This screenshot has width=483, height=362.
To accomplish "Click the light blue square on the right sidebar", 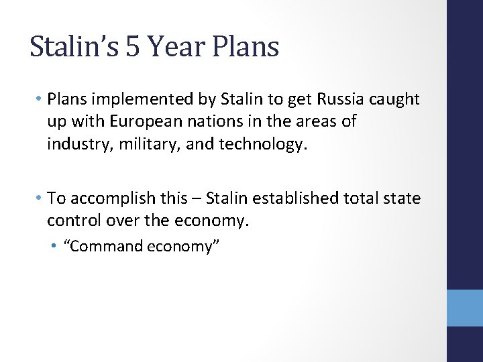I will point(465,308).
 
